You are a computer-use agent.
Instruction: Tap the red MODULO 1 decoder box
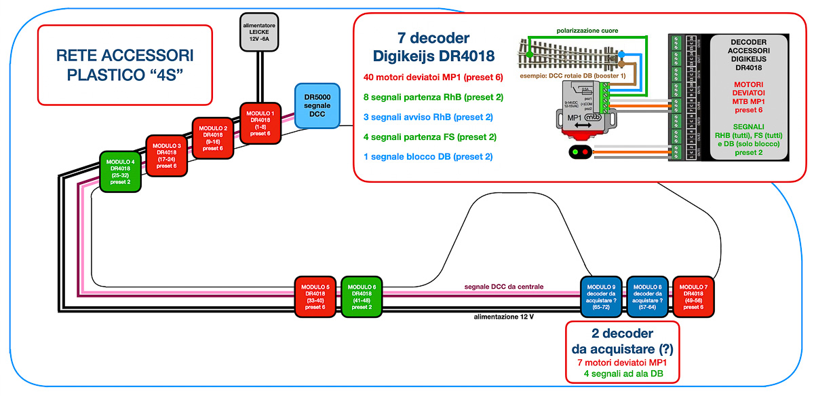(x=260, y=123)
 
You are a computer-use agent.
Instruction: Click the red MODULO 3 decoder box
(x=167, y=156)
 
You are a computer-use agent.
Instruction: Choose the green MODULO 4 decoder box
(x=120, y=172)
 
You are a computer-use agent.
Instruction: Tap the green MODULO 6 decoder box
(x=362, y=297)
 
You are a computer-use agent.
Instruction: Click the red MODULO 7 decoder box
(x=693, y=297)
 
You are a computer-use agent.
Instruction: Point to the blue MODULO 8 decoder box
(x=646, y=297)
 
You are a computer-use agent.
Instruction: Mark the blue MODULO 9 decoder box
(x=601, y=297)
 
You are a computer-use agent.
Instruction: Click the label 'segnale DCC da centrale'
(x=505, y=287)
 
